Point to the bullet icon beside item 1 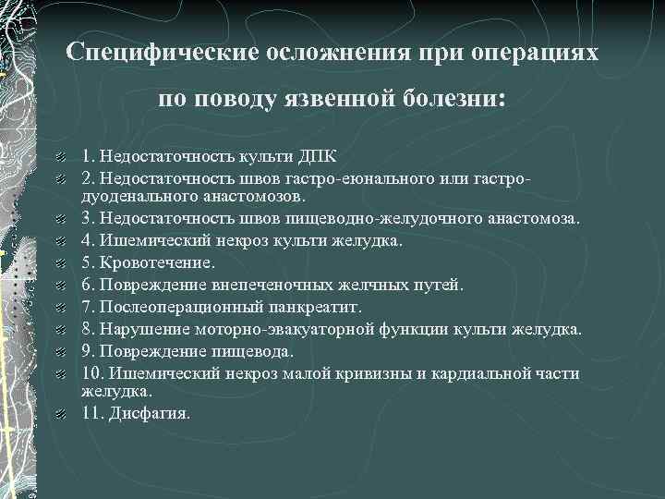(59, 155)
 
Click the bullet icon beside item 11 (59, 414)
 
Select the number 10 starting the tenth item (90, 373)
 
